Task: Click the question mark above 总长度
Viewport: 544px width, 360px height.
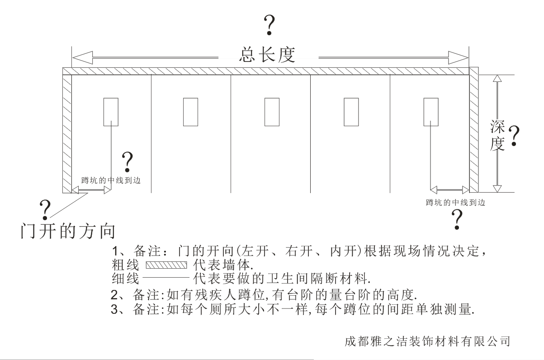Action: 270,25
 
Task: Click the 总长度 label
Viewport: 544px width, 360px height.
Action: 267,55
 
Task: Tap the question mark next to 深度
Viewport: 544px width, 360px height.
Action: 514,135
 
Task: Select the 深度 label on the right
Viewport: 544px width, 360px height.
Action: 497,135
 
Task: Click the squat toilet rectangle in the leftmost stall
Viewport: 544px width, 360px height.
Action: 111,112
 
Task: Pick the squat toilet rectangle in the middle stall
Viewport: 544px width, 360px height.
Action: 271,112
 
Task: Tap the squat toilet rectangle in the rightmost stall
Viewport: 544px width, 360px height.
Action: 430,112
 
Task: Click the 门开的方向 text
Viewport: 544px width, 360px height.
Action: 68,231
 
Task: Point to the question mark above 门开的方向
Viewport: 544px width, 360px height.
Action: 45,208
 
